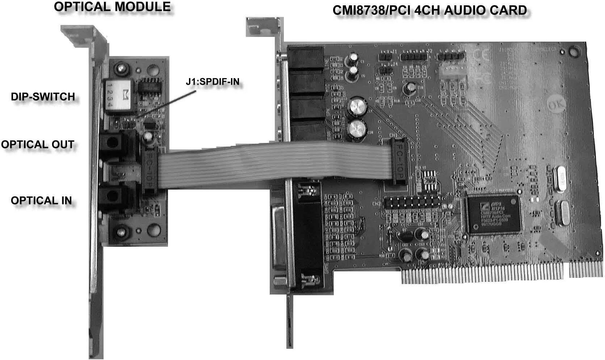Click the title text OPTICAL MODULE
click(112, 7)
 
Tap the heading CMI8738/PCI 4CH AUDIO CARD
click(429, 10)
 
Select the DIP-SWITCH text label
click(43, 97)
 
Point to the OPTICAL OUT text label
click(38, 144)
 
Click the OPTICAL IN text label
click(41, 200)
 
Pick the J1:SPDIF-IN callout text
click(213, 82)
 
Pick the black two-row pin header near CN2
click(412, 203)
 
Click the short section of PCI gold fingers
click(585, 270)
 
